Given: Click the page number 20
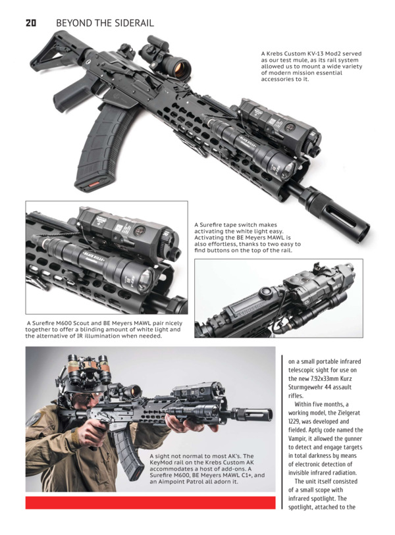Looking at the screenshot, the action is [x=31, y=23].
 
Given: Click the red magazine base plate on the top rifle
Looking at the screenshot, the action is [x=93, y=185].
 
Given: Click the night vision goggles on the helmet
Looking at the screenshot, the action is [x=90, y=370].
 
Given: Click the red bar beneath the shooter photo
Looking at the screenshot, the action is [x=150, y=503].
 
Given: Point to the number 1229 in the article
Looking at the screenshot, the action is [x=294, y=422].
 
